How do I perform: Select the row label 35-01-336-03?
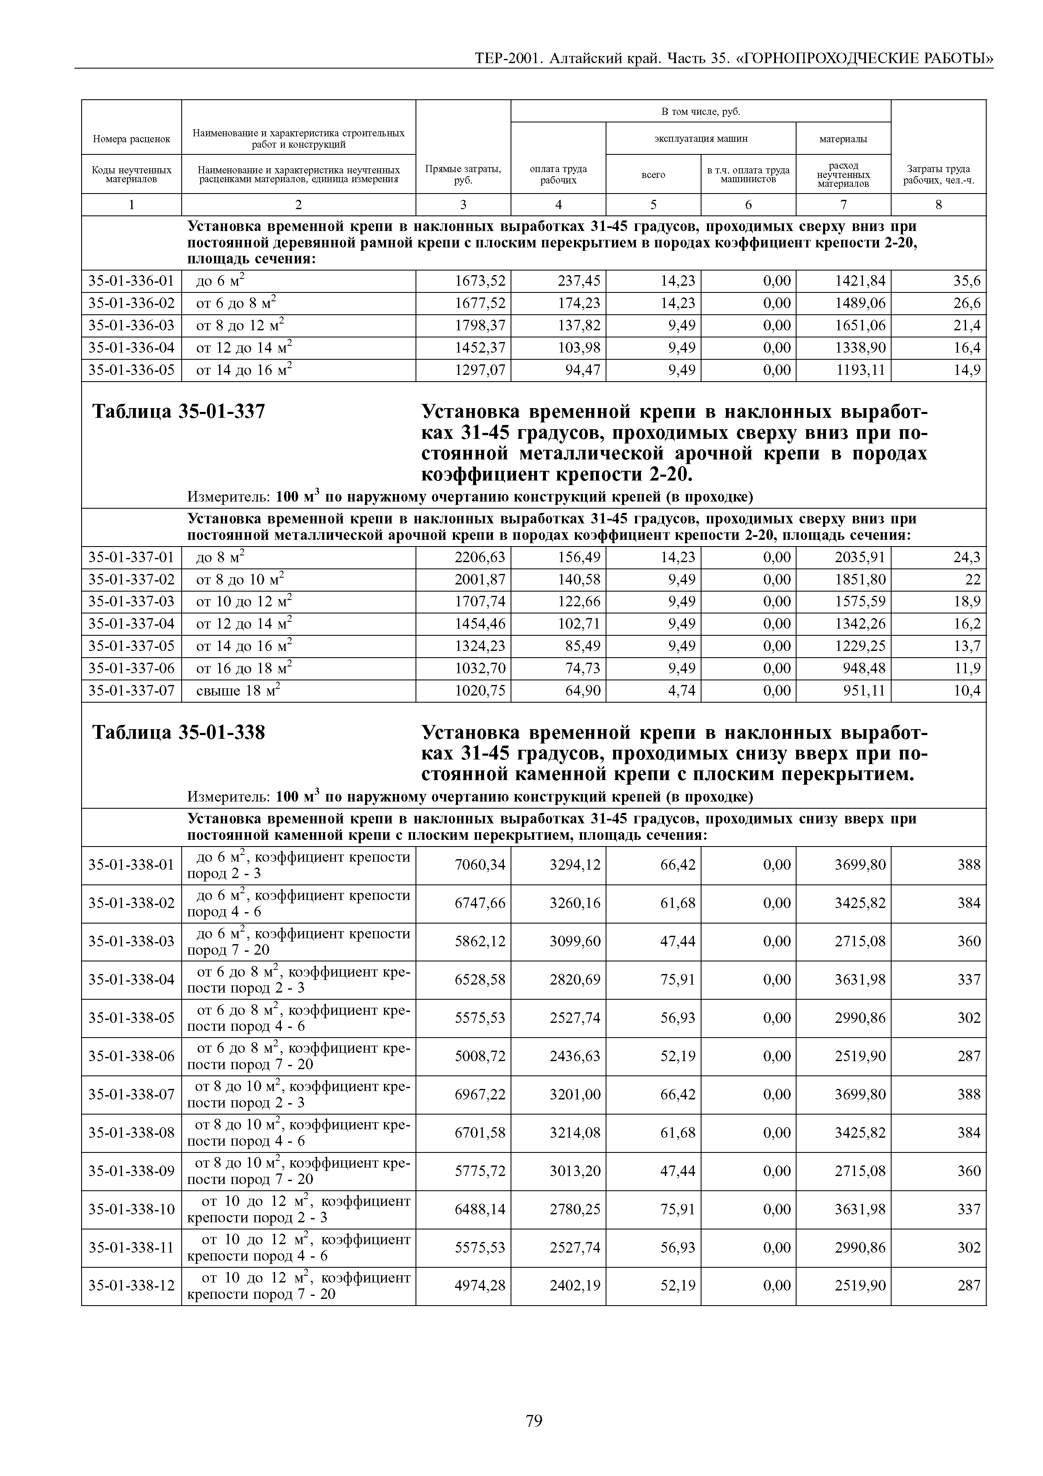point(131,326)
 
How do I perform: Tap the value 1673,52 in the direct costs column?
point(480,281)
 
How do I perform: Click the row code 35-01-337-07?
point(131,691)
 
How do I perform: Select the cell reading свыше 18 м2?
point(238,691)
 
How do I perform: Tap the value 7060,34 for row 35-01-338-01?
point(480,865)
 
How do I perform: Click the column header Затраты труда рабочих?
point(938,174)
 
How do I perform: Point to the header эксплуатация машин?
point(701,139)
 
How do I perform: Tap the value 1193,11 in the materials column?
point(860,370)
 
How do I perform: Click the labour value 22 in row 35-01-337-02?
point(973,580)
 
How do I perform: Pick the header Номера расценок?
point(131,139)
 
